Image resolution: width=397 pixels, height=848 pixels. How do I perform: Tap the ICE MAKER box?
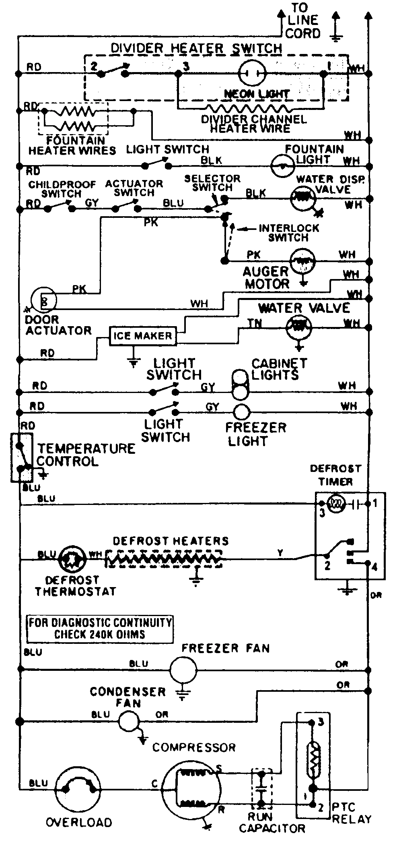pyautogui.click(x=143, y=335)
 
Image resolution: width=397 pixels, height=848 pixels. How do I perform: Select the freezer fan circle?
pyautogui.click(x=183, y=670)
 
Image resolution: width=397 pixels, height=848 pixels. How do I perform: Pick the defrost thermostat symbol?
pyautogui.click(x=71, y=559)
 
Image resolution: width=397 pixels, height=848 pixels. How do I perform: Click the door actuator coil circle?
pyautogui.click(x=44, y=300)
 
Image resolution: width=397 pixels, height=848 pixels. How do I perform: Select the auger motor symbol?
pyautogui.click(x=302, y=261)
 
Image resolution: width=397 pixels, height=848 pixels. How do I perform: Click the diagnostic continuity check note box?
pyautogui.click(x=100, y=629)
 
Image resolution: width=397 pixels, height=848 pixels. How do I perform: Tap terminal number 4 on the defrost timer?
pyautogui.click(x=374, y=567)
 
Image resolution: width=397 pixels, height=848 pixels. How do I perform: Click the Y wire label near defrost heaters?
pyautogui.click(x=280, y=553)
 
